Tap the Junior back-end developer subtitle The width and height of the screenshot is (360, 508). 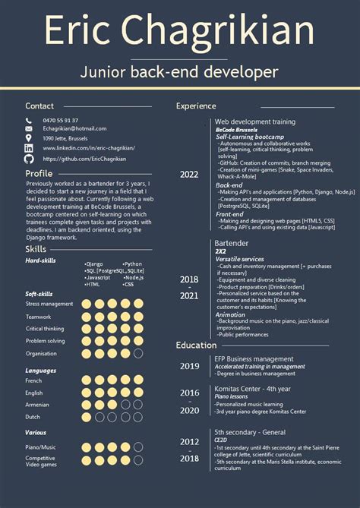click(x=179, y=72)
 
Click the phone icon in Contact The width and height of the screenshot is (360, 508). click(x=29, y=120)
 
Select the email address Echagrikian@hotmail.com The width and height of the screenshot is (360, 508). click(x=74, y=129)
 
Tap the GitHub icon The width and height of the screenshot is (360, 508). click(x=29, y=159)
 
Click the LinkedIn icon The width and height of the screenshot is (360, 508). click(x=29, y=149)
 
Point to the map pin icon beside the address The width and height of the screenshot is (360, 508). click(x=29, y=139)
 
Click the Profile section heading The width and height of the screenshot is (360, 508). click(x=39, y=173)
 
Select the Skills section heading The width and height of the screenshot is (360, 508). click(x=36, y=249)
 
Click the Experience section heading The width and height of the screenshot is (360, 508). click(x=196, y=106)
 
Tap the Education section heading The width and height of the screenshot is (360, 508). click(x=196, y=346)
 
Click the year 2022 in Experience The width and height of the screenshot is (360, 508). click(x=189, y=175)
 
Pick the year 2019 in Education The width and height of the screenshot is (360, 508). click(x=189, y=366)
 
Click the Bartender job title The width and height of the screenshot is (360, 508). click(x=231, y=242)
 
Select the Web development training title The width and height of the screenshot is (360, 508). click(x=254, y=121)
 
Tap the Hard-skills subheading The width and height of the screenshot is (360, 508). click(x=40, y=260)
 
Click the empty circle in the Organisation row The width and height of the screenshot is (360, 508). click(x=137, y=353)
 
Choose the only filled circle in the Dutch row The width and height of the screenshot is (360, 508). click(x=86, y=416)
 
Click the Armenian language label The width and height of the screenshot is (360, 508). click(x=38, y=405)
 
